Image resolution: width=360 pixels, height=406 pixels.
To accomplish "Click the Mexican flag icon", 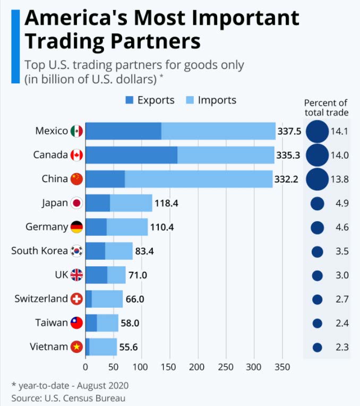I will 77,131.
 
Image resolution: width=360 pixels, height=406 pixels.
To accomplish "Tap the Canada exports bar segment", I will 131,155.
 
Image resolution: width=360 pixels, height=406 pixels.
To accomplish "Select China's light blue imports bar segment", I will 199,179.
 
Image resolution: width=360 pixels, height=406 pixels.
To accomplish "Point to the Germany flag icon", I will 77,227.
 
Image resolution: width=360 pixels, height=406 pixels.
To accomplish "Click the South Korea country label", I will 39,250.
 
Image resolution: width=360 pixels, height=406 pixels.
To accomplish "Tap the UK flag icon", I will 77,275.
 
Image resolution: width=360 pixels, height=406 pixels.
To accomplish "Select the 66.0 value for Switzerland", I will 135,299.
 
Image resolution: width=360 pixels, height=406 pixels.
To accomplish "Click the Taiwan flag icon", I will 77,323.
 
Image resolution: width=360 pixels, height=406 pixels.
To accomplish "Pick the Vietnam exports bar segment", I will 88,347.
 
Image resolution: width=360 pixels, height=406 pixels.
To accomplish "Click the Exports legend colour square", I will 130,100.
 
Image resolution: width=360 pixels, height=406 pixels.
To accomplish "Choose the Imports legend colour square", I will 190,100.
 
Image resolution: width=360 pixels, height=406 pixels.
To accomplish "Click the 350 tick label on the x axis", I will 282,367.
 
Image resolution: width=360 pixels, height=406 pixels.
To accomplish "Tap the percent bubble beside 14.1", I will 317,131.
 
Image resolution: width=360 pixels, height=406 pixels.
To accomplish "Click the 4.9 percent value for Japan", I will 340,203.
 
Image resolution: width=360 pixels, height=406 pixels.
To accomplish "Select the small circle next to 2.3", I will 318,348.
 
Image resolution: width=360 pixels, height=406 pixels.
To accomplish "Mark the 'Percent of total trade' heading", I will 326,107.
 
